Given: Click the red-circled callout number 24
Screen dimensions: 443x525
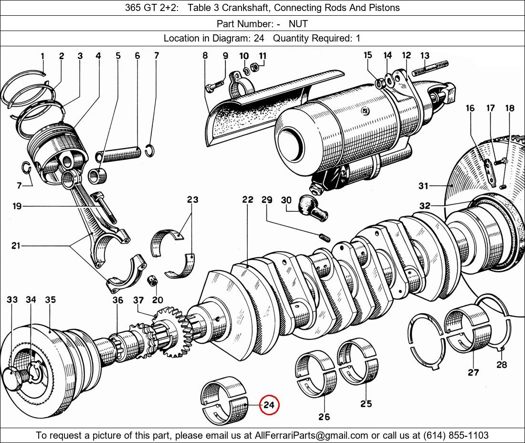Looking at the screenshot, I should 269,405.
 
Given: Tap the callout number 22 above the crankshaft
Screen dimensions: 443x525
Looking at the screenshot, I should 247,200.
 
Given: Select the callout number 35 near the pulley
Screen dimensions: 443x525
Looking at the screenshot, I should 50,300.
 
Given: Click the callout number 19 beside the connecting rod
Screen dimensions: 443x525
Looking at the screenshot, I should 17,206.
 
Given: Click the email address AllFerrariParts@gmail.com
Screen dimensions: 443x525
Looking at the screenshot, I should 312,435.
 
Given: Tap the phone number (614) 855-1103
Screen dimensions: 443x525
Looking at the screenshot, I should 456,435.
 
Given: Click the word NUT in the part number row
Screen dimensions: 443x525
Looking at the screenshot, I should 298,23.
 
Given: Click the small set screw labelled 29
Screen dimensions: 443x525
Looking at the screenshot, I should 324,236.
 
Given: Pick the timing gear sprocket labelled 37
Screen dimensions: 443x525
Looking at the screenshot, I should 167,325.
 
